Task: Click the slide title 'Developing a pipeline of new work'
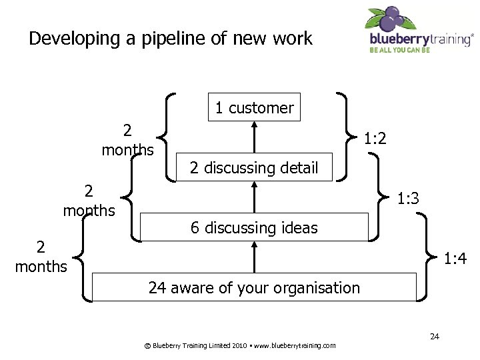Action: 171,39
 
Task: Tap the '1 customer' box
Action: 254,107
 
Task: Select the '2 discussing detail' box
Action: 254,167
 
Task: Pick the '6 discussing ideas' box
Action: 254,227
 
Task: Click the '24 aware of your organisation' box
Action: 254,287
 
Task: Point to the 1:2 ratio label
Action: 375,139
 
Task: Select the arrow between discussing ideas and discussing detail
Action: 254,197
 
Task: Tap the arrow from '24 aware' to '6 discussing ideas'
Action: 254,257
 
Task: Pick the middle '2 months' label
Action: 89,201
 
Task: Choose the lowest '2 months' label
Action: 41,257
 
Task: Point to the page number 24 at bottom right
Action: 434,336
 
